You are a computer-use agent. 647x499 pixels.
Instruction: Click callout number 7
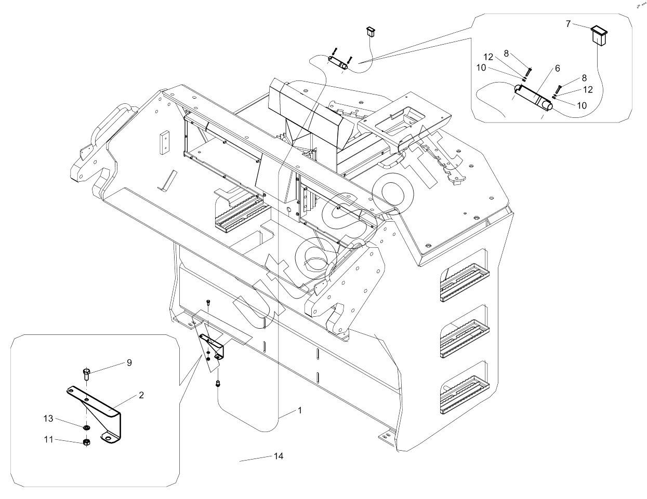point(568,24)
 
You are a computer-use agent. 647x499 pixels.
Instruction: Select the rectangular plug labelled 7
point(599,35)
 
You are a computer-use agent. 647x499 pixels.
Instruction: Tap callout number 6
point(558,69)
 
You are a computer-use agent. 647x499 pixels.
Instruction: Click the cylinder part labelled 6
point(533,97)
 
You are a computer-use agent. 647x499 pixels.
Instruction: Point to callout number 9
point(129,363)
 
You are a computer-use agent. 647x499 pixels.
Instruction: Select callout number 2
point(141,395)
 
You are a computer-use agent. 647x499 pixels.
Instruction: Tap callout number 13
point(48,419)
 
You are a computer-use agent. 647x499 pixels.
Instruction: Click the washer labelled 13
point(87,428)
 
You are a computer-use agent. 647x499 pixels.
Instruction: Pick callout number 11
point(48,439)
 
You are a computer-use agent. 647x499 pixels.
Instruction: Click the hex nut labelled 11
point(86,442)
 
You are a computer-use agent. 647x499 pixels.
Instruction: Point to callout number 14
point(279,456)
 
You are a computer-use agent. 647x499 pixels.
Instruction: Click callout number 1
point(300,410)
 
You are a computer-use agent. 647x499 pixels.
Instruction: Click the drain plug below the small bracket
point(218,384)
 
